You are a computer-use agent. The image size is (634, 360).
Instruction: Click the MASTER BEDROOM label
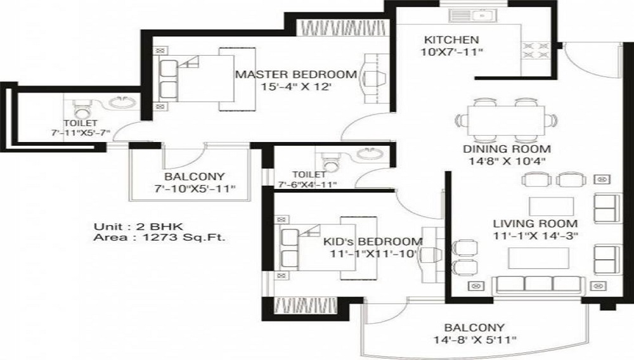coord(295,74)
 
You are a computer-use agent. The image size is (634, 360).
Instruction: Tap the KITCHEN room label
coord(443,39)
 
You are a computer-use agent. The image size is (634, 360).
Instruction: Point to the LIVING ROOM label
coord(536,223)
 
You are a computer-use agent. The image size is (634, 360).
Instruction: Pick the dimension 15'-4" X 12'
coord(296,87)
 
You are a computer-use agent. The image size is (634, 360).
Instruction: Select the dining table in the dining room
coord(505,118)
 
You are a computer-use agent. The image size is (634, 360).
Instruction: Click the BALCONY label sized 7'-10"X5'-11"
coord(186,177)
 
